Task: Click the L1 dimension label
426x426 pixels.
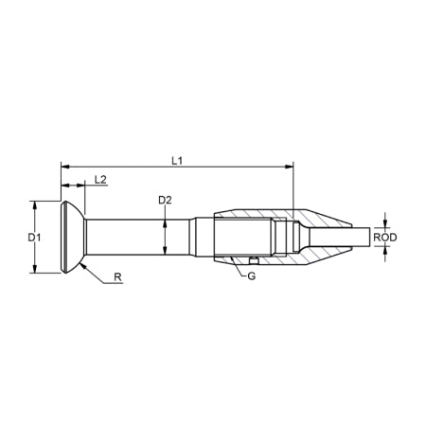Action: coord(177,161)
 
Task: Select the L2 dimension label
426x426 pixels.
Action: coord(100,178)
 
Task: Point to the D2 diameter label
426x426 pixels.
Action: coord(165,200)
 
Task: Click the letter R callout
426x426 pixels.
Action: coord(116,278)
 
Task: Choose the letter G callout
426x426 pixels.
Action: coord(251,275)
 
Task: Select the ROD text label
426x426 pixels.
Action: coord(383,237)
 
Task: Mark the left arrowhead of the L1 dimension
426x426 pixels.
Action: coord(65,167)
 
